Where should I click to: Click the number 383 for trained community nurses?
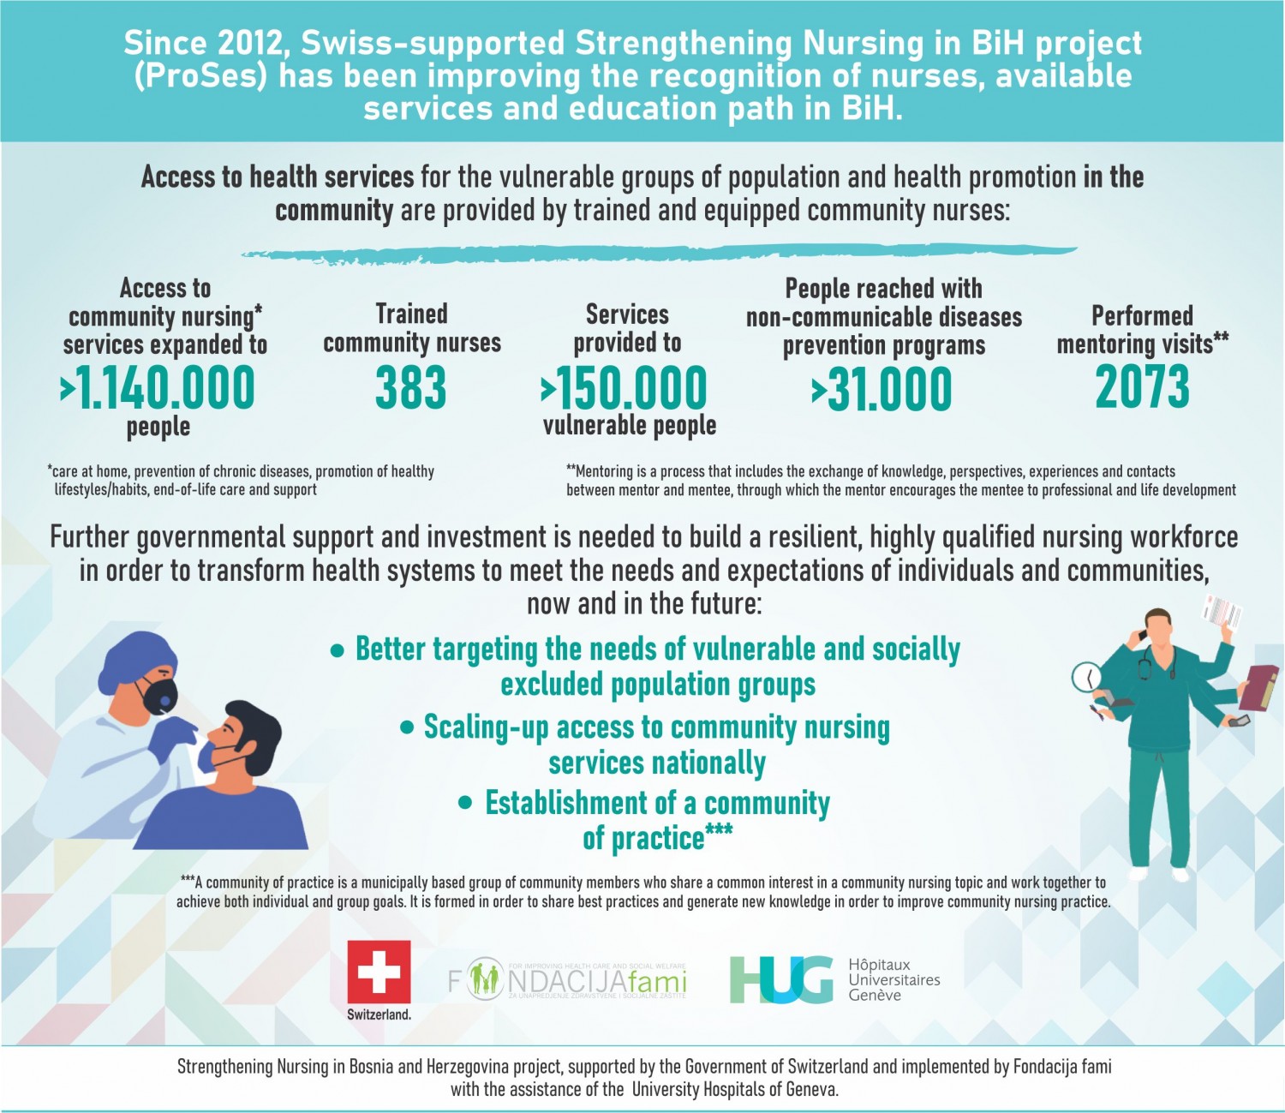pos(411,387)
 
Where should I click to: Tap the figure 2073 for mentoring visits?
pos(1142,386)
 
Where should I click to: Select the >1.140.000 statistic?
pos(158,387)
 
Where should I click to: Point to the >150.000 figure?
pos(625,388)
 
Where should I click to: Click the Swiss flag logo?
pos(379,972)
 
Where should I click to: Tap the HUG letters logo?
pos(780,979)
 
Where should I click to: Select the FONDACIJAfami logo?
pos(567,980)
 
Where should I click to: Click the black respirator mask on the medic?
pos(159,694)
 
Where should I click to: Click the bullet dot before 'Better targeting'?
pos(338,651)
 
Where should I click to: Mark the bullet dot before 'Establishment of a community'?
pos(466,804)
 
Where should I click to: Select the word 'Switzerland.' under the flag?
pos(379,1014)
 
